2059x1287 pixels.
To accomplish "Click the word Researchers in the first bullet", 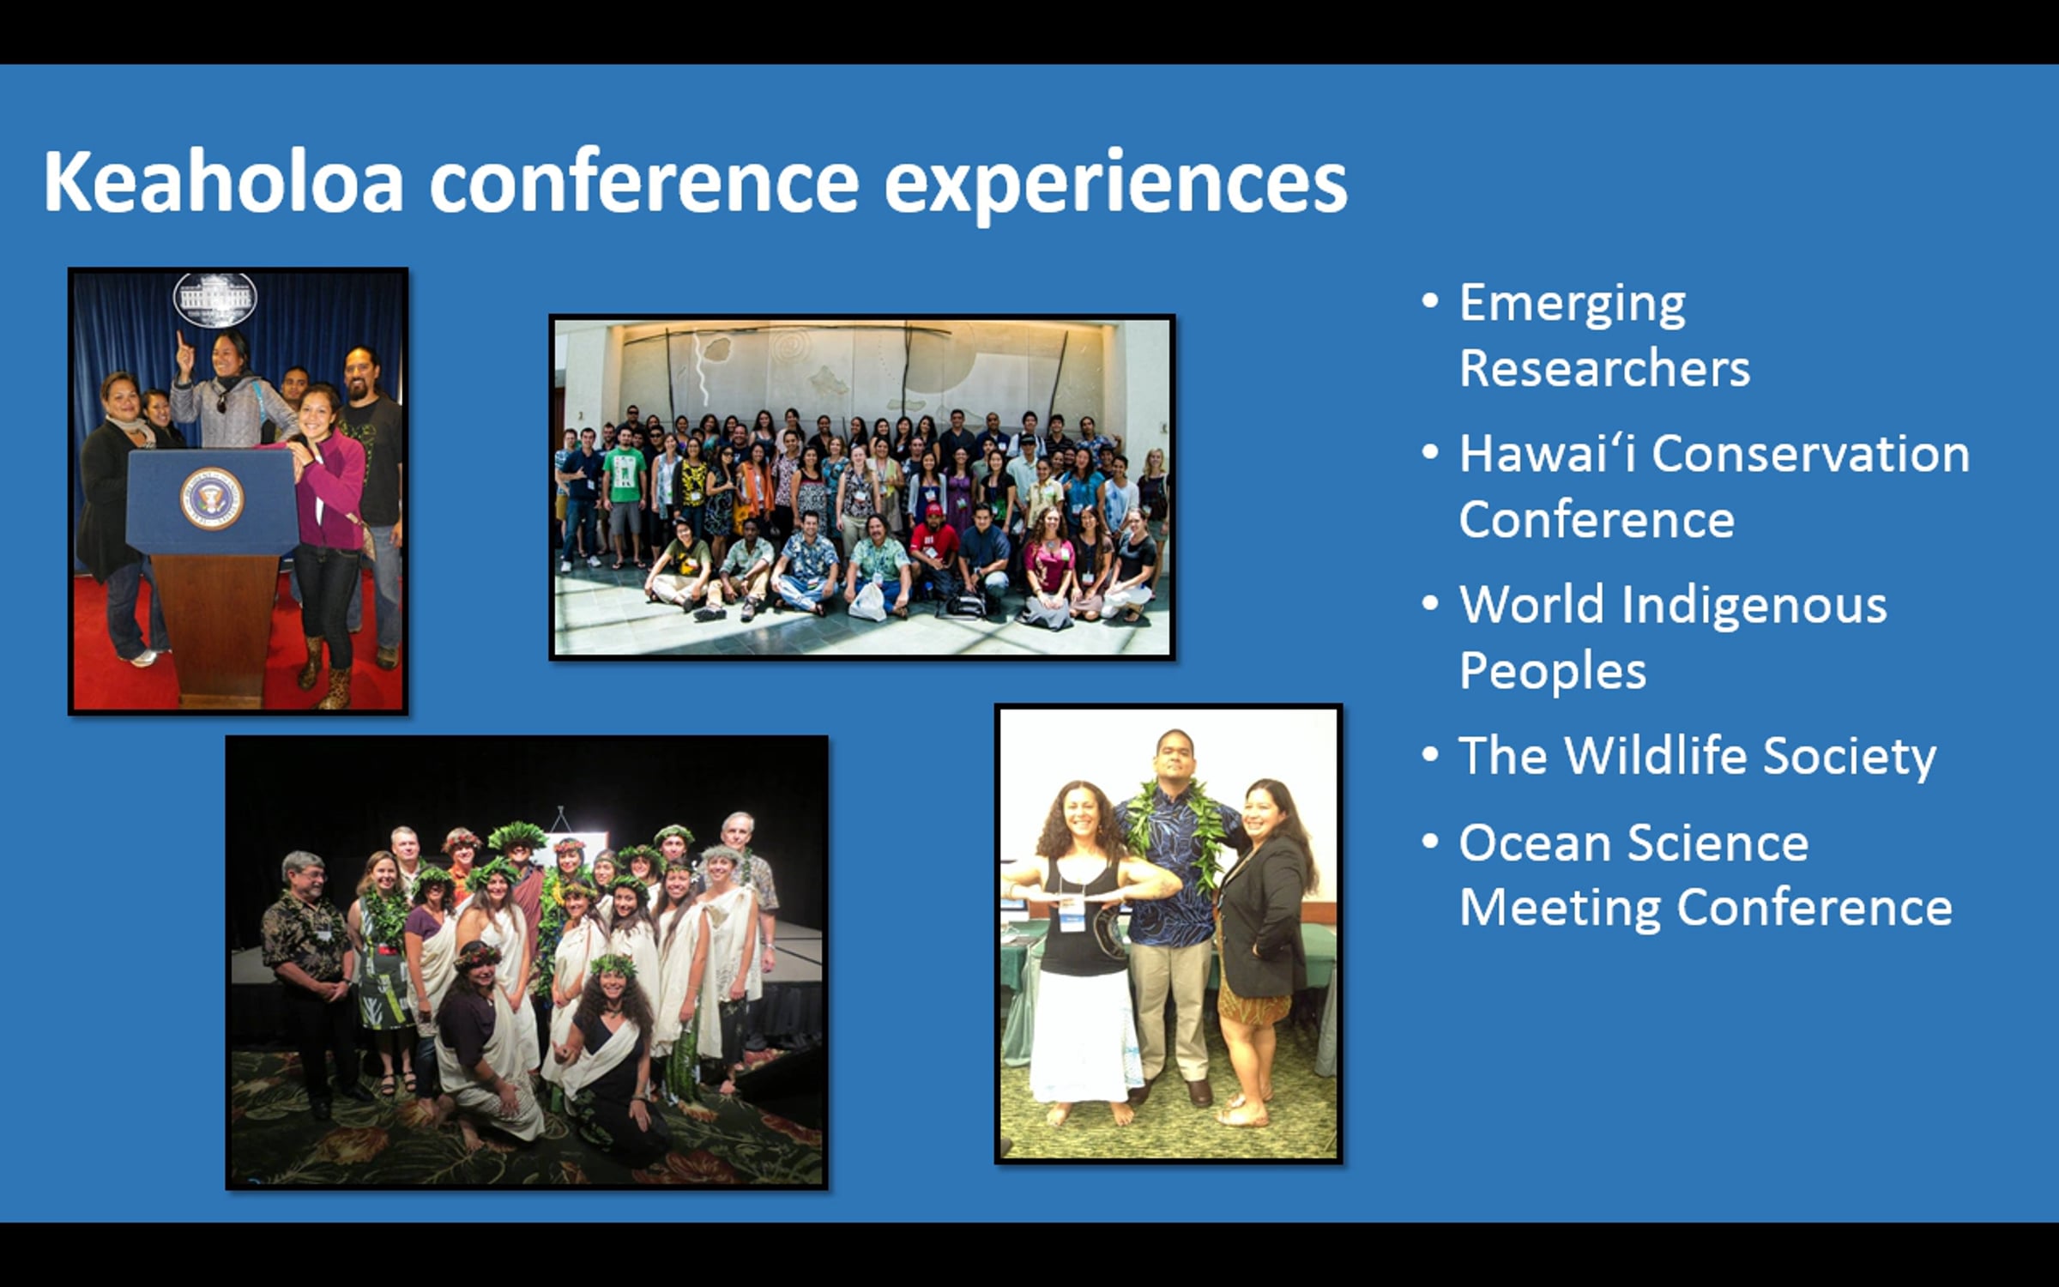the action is click(1604, 368).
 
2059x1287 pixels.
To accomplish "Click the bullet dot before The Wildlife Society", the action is click(1429, 755).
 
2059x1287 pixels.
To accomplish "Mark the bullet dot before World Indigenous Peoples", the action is click(1429, 604).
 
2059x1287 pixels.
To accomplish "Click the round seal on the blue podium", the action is click(212, 498).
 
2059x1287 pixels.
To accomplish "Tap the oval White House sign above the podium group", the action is click(215, 299).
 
